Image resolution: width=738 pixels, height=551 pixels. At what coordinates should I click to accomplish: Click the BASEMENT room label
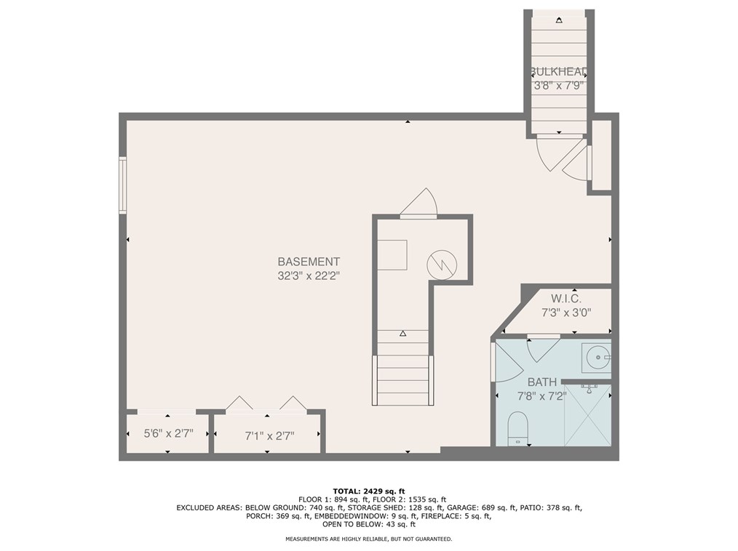[x=309, y=262]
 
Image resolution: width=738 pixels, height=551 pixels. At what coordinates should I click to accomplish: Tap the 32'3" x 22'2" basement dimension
[x=309, y=276]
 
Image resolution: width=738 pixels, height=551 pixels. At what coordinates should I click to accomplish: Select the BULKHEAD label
[x=559, y=72]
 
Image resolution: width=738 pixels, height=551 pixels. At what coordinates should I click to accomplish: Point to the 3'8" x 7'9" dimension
[x=559, y=86]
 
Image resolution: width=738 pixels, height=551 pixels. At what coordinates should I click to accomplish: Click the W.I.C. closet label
[x=566, y=299]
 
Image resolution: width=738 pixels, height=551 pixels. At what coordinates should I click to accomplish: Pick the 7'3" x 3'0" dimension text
[x=566, y=312]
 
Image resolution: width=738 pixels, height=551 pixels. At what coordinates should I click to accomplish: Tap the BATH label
[x=541, y=382]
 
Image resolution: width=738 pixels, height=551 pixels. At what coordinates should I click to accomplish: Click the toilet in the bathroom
[x=518, y=428]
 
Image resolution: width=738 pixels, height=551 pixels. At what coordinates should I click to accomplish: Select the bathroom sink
[x=596, y=357]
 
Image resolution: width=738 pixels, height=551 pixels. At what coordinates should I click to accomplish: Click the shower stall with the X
[x=587, y=414]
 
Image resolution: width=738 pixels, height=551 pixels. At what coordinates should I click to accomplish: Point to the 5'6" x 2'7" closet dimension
[x=169, y=433]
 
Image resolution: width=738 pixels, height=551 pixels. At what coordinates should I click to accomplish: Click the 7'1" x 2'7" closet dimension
[x=269, y=436]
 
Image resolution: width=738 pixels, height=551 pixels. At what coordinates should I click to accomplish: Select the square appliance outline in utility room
[x=392, y=255]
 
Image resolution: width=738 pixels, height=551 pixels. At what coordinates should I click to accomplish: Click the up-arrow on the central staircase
[x=402, y=334]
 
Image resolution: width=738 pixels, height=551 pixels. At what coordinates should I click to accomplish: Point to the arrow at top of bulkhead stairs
[x=559, y=20]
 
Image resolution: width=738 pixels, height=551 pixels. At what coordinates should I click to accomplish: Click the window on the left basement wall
[x=122, y=185]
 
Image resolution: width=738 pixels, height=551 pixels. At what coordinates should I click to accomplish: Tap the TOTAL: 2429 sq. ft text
[x=369, y=491]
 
